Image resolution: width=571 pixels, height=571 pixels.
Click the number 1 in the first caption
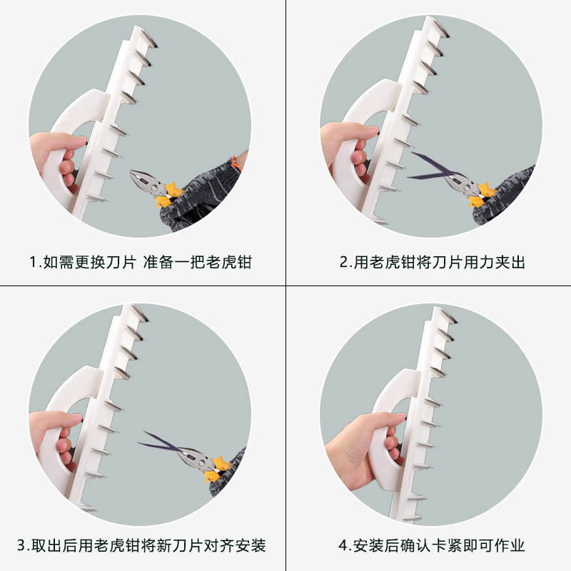point(34,262)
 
